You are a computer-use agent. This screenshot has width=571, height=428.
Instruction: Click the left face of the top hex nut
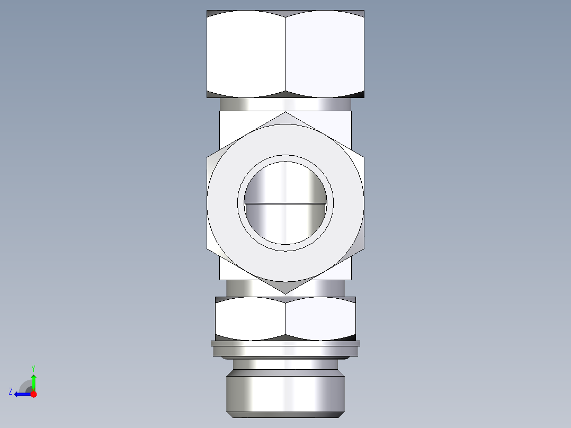(246, 54)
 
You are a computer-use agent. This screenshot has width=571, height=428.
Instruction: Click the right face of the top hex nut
(325, 54)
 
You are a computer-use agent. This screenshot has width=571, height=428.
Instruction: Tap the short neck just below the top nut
(285, 104)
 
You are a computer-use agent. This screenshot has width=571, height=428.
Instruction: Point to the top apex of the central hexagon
(285, 113)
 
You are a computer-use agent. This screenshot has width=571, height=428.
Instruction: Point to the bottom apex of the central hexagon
(285, 293)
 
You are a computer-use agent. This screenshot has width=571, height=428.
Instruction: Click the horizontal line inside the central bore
(285, 203)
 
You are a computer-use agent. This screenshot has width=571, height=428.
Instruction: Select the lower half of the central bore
(285, 225)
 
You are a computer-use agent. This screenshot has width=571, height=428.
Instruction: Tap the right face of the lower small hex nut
(320, 318)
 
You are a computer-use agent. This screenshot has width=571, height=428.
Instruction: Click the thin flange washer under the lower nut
(285, 344)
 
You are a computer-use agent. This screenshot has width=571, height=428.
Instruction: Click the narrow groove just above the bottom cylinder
(285, 364)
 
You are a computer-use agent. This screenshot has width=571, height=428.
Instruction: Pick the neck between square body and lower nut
(285, 288)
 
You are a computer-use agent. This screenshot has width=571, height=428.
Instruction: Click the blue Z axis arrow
(21, 394)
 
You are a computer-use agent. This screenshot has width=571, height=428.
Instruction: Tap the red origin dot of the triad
(33, 394)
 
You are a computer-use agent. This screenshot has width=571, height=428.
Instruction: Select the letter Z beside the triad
(11, 391)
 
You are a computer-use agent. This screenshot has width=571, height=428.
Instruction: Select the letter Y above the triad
(33, 368)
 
